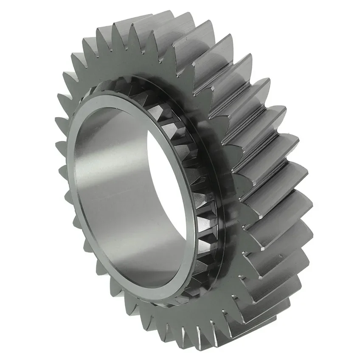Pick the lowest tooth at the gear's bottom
pyautogui.click(x=204, y=340)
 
